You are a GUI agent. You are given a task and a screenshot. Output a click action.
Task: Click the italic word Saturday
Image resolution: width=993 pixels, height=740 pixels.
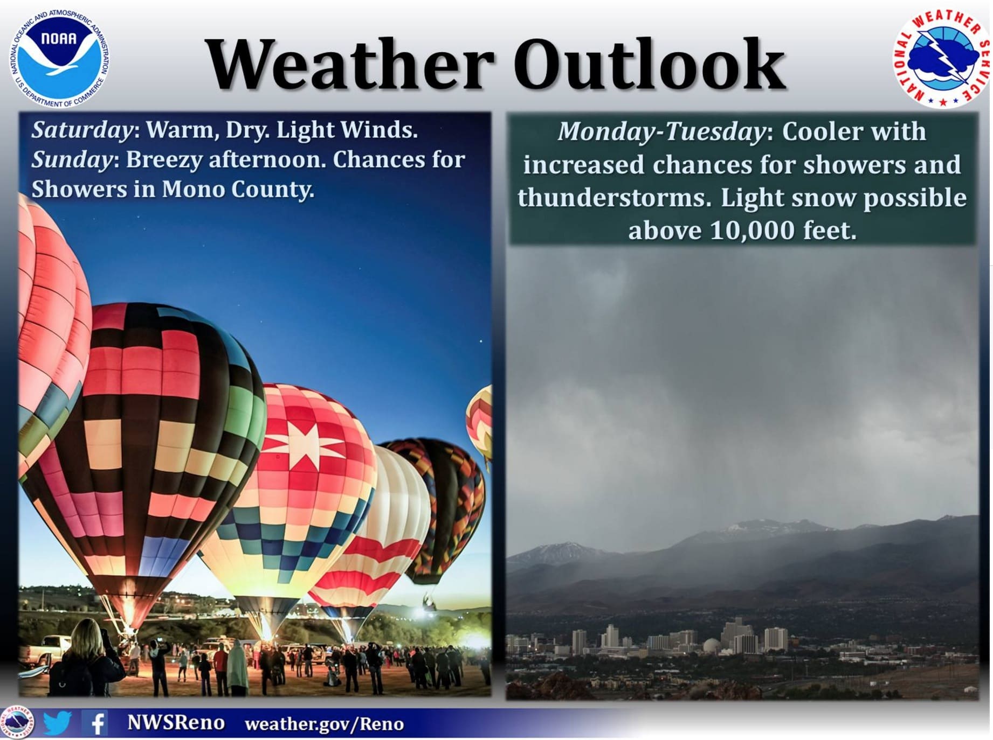[x=81, y=130]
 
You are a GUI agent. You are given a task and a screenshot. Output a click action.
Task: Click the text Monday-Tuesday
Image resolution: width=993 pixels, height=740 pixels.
[x=661, y=131]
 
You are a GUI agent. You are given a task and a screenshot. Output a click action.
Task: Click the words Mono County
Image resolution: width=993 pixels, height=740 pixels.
[x=237, y=189]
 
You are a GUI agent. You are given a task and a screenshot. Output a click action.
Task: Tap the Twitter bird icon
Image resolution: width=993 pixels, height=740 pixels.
[x=57, y=723]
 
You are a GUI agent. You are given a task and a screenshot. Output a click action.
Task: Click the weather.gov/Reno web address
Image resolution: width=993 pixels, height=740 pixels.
[x=324, y=724]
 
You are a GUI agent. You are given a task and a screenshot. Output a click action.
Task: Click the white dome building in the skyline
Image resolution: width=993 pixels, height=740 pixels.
[x=712, y=645]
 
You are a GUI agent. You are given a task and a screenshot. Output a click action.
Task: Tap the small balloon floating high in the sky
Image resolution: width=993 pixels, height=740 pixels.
[x=479, y=420]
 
